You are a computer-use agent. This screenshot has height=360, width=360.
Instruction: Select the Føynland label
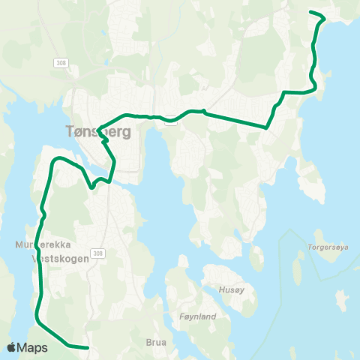198,316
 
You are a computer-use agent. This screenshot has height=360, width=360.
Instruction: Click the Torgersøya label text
328,244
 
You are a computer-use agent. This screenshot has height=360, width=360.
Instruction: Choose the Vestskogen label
61,257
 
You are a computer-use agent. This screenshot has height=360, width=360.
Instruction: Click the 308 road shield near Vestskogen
99,254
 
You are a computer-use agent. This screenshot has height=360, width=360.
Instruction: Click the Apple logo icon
12,347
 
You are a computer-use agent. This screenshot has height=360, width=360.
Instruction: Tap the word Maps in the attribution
34,347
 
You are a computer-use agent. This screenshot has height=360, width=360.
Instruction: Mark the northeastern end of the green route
311,12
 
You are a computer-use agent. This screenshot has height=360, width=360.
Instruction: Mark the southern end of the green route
88,348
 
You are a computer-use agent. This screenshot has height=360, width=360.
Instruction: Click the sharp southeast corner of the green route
267,127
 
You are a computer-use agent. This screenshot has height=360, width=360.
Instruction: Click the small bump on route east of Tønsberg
203,110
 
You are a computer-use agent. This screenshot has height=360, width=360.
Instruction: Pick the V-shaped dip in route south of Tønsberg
91,187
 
